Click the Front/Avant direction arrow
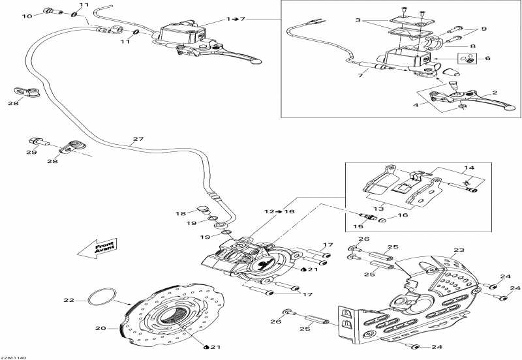[97, 248]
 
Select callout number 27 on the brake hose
[138, 139]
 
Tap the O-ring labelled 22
[102, 297]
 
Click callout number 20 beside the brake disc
[100, 329]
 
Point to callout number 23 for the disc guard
[459, 250]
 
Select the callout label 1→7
[236, 19]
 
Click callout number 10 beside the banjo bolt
[27, 16]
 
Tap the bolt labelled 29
[39, 142]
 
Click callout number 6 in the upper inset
[487, 58]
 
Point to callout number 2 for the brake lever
[495, 93]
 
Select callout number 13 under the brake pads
[379, 209]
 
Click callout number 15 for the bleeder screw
[358, 226]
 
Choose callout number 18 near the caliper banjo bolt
[181, 214]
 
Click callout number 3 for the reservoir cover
[358, 20]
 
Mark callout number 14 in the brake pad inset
[469, 168]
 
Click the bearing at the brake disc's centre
[176, 317]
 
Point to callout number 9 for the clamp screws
[484, 29]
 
